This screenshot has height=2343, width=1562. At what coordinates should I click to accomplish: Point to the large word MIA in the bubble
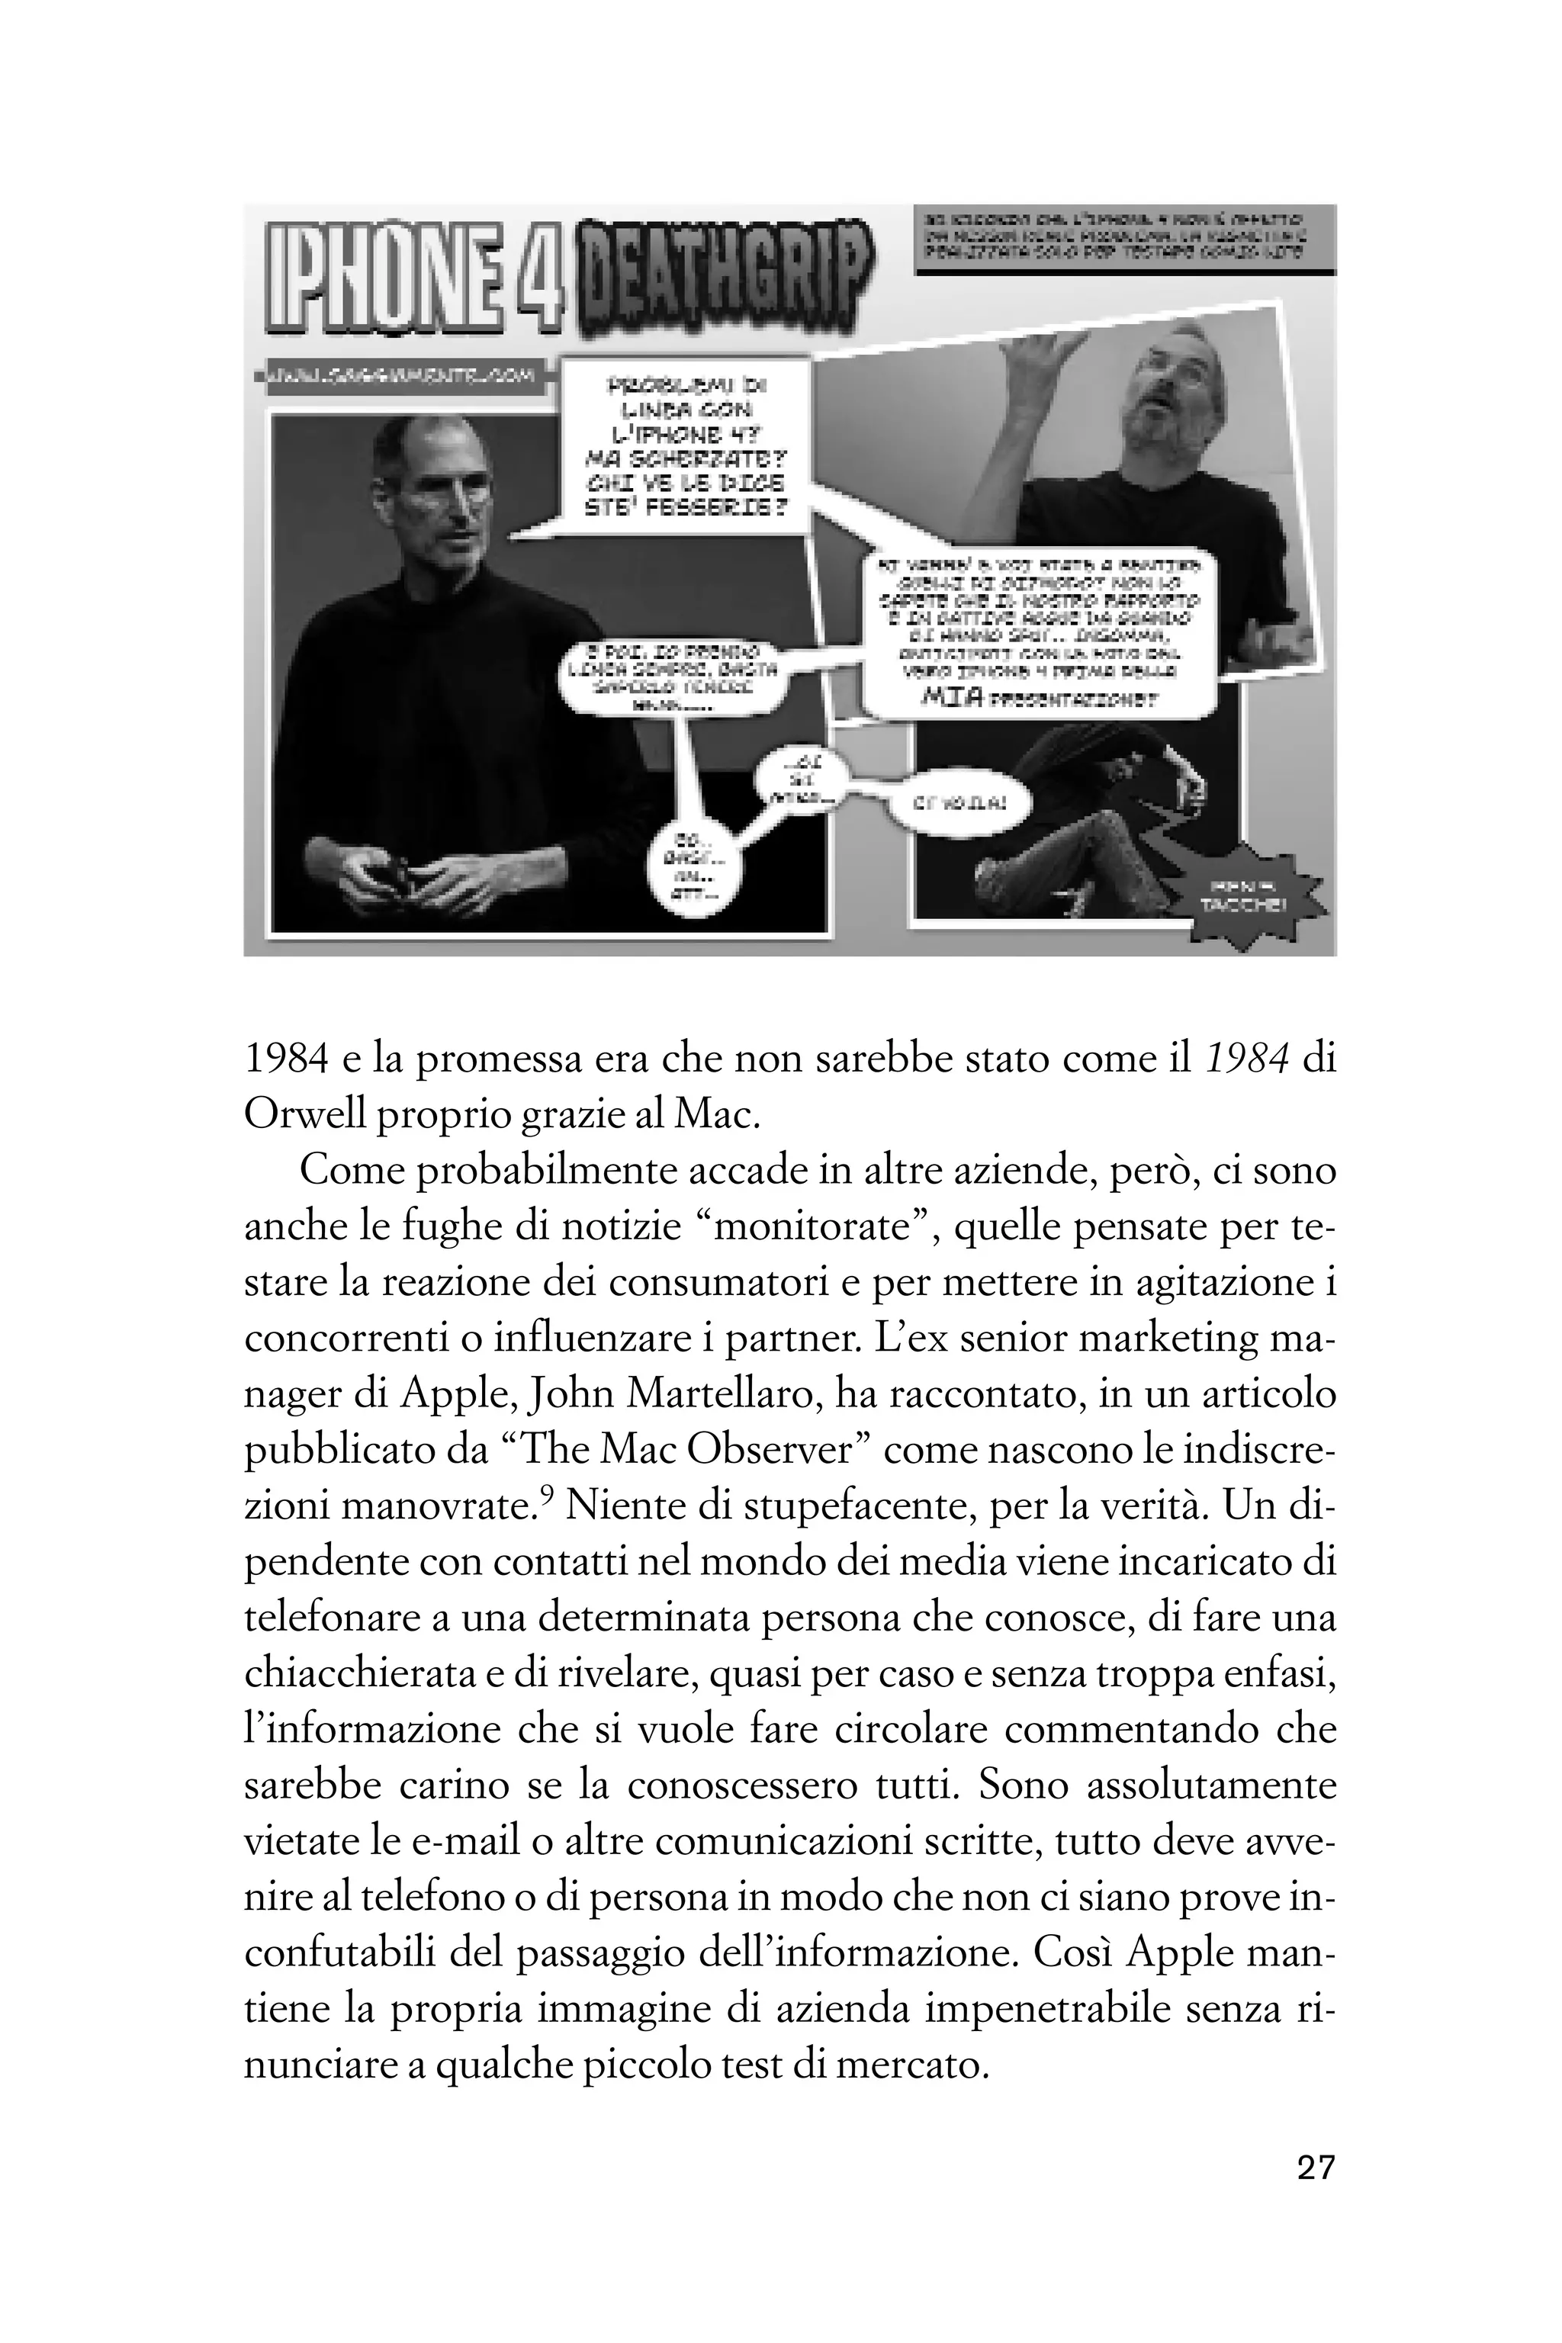(951, 696)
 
